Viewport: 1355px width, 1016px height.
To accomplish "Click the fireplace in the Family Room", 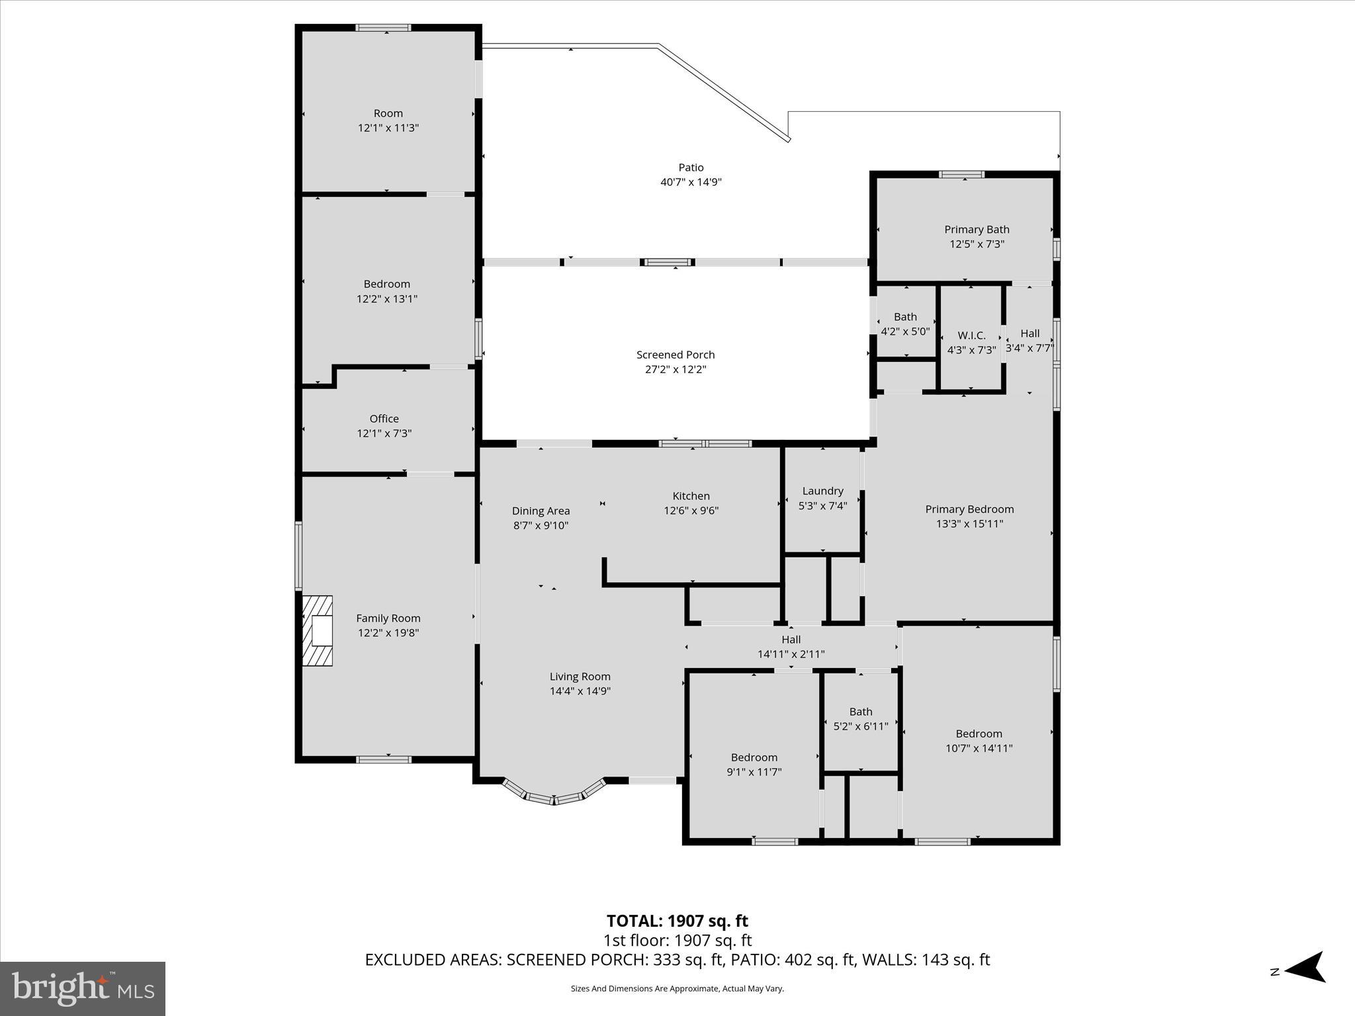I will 318,630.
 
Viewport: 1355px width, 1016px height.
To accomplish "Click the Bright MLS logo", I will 82,988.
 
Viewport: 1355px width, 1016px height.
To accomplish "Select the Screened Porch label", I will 676,355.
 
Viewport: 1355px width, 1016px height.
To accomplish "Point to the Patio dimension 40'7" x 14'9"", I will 691,182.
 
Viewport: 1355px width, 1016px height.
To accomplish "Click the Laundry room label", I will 822,491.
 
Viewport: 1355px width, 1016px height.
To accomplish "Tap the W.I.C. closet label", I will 971,335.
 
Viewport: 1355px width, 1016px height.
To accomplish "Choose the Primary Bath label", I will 977,230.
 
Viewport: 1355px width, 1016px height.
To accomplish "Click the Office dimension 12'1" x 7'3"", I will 384,433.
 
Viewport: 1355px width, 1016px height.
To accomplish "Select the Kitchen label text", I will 691,496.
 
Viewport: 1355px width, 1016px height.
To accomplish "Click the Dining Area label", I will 541,511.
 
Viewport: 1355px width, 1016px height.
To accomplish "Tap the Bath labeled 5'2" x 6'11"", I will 860,719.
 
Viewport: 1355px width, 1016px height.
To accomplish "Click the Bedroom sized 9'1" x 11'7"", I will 754,764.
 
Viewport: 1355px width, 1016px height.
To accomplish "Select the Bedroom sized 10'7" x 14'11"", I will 979,740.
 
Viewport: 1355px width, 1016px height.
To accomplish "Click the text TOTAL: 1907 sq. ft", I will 677,921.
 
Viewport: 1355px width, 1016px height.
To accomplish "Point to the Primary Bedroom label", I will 969,509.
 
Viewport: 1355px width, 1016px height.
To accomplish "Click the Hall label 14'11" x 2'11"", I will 791,646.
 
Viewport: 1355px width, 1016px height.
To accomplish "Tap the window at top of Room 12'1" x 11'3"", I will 383,28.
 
